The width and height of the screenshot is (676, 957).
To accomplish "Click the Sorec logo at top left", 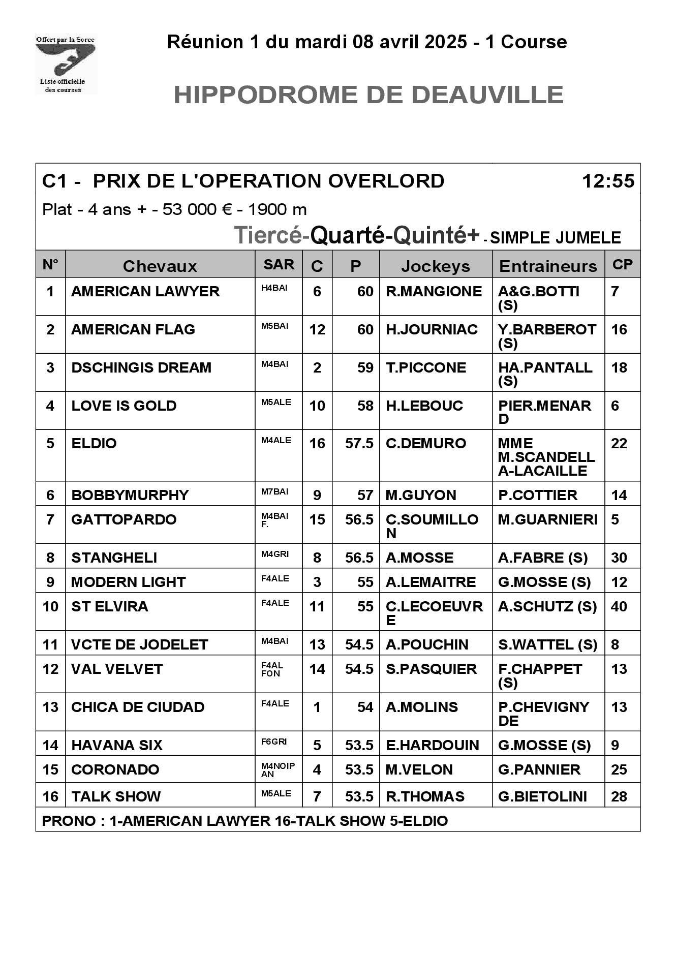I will (66, 64).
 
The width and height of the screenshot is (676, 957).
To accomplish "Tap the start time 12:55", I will (608, 181).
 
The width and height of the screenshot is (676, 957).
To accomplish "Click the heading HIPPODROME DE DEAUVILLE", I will (368, 95).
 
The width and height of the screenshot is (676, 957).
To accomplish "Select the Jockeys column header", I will (436, 266).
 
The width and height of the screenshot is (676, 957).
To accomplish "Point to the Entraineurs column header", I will (548, 266).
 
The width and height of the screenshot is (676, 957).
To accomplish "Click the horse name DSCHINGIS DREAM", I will (141, 367).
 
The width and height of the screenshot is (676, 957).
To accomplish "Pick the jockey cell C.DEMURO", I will (426, 443).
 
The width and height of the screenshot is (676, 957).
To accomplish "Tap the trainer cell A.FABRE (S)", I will (543, 558).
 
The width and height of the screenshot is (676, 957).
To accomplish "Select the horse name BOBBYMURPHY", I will (130, 495).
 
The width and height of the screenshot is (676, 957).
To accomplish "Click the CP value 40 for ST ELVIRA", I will (619, 606).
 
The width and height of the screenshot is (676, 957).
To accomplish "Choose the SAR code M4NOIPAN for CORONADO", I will (278, 770).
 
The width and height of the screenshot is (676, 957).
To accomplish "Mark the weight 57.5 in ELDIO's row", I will (359, 443).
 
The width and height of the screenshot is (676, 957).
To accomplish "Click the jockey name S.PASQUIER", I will (431, 669).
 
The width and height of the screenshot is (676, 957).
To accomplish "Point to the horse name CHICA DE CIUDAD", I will (138, 707).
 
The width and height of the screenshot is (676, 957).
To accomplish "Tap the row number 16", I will (50, 796).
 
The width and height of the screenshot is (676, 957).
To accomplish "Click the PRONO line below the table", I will (245, 821).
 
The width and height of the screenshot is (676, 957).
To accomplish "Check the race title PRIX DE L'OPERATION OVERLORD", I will (268, 181).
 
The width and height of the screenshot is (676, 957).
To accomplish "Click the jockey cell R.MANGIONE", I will (434, 291).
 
